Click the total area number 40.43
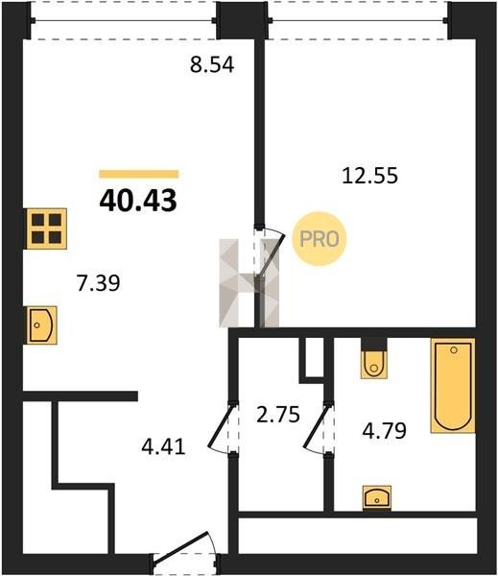[138, 201]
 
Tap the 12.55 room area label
[369, 176]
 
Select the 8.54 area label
[212, 65]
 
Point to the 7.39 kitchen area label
[99, 283]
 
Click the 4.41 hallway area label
[163, 447]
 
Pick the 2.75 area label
[278, 415]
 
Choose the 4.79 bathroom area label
[384, 430]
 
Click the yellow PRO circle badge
[320, 239]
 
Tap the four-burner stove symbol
[46, 228]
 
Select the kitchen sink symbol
[41, 325]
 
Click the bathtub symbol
[453, 385]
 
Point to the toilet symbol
[374, 363]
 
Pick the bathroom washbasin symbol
[377, 497]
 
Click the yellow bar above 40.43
[139, 174]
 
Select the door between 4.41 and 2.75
[223, 428]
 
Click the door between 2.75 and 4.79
[318, 428]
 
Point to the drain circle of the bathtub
[454, 349]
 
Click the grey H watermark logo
[249, 283]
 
